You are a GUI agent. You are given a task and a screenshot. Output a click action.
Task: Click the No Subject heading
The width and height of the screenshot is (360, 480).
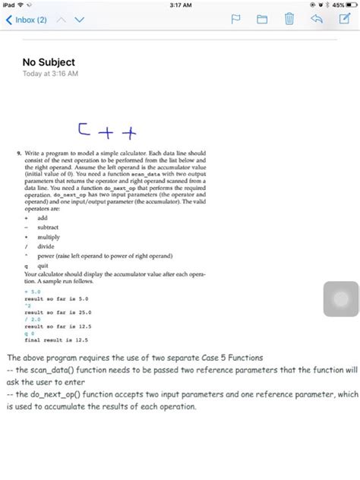pos(49,62)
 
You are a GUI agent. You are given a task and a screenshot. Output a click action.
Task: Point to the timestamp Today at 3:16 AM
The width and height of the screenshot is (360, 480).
pos(50,74)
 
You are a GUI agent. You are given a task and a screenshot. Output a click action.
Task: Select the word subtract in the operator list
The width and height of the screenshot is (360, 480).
pos(49,227)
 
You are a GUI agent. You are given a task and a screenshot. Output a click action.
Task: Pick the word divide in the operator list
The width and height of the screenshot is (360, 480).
pos(47,247)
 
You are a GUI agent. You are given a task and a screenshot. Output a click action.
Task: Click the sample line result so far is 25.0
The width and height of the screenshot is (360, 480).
pos(58,311)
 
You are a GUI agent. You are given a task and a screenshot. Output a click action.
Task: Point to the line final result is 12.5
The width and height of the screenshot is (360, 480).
pos(55,340)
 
